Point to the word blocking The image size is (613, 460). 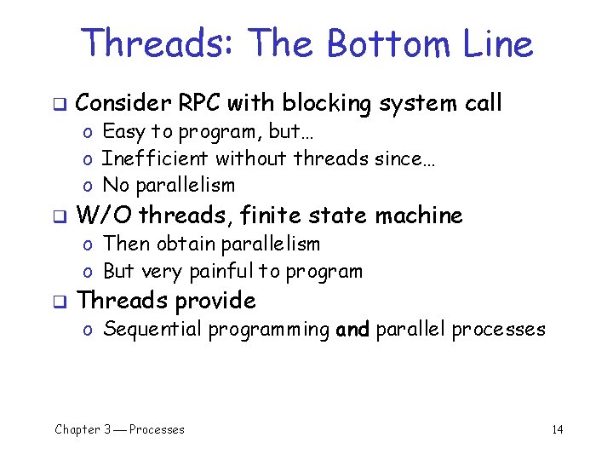click(327, 104)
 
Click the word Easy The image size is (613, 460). click(123, 131)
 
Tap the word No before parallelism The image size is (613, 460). click(114, 185)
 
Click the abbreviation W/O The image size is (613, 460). click(105, 216)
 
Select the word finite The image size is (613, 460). click(272, 216)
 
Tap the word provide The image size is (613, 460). click(215, 301)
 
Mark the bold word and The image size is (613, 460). click(352, 330)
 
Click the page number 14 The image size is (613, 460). click(557, 429)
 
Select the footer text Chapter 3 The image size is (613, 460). click(83, 429)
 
